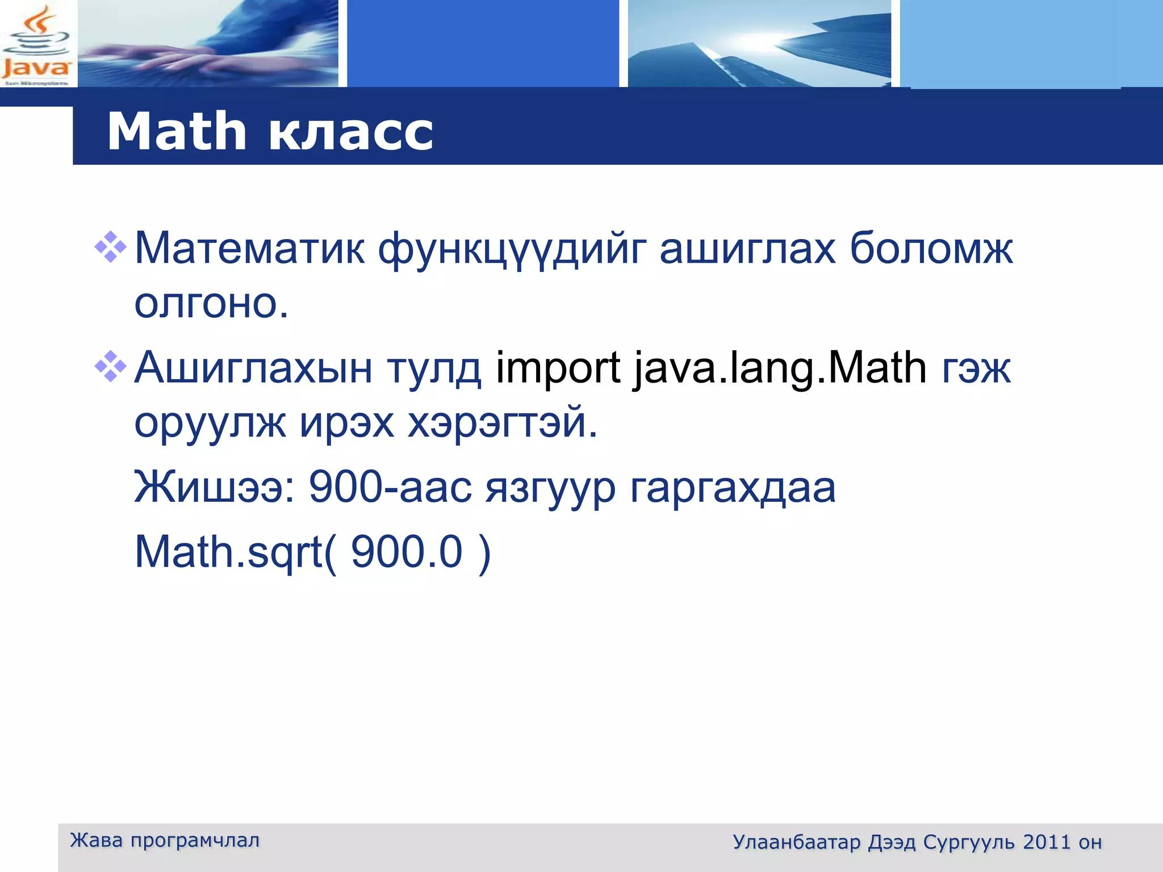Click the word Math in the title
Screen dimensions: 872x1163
point(176,132)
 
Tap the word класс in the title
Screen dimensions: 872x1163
point(350,132)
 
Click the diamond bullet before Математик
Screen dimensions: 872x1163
point(110,247)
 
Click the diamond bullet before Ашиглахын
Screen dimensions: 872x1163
point(110,367)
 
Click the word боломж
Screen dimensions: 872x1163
point(931,249)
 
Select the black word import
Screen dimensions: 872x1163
point(558,368)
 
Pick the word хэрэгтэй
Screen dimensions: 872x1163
point(503,423)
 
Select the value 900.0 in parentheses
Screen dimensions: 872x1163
point(407,552)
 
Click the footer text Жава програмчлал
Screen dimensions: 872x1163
point(164,840)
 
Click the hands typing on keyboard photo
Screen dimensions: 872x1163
point(208,44)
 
